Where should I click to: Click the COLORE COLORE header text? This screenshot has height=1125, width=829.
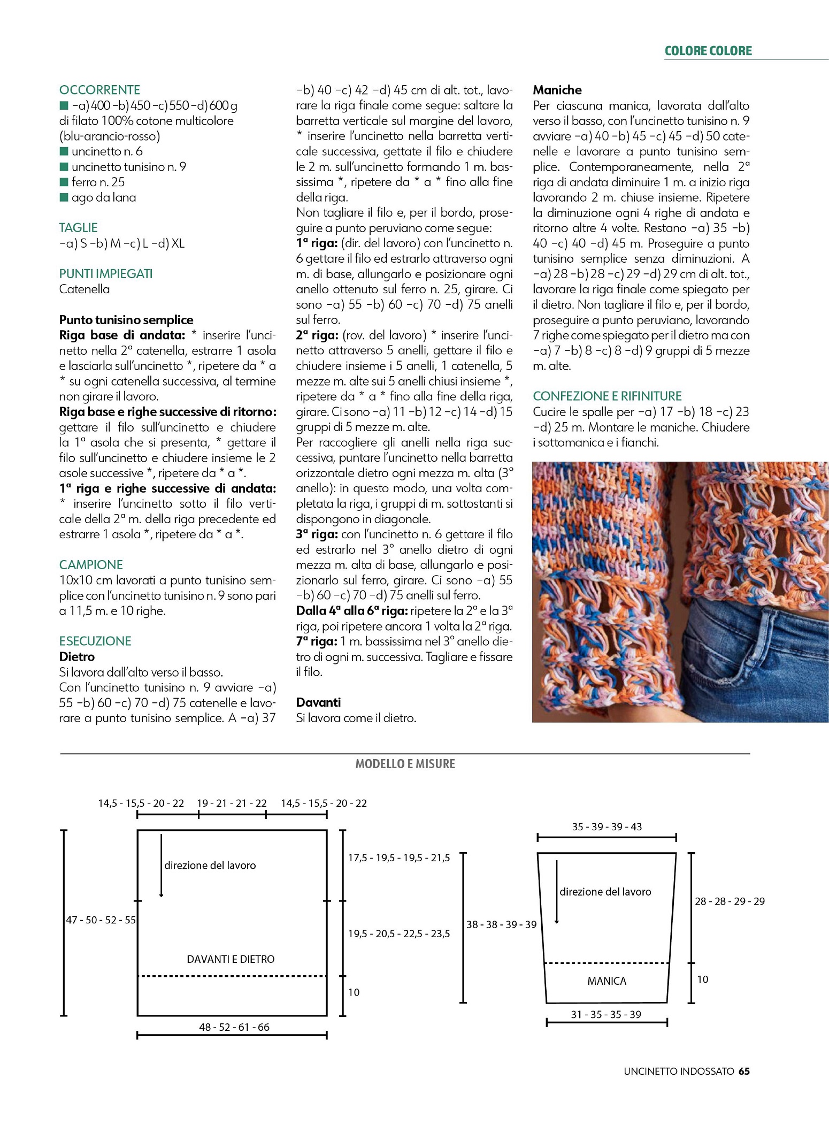708,51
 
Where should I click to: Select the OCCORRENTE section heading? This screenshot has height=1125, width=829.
99,90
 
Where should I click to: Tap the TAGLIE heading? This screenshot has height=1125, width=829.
78,228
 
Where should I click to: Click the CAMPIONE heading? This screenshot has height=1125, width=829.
91,565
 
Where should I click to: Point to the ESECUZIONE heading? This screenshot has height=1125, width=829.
95,641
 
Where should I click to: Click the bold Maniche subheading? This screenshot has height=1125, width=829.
557,90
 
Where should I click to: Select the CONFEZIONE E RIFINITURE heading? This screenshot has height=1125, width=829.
607,396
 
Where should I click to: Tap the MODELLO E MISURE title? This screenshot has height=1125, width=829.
405,764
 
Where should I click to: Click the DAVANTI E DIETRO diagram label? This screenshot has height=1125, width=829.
231,960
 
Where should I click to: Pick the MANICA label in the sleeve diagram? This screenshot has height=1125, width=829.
607,981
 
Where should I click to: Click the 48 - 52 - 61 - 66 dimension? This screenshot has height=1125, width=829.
234,1027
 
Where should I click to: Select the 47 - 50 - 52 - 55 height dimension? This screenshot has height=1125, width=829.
101,920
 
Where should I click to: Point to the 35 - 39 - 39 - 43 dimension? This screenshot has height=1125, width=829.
607,826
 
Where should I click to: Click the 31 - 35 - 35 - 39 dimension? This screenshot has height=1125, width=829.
605,1014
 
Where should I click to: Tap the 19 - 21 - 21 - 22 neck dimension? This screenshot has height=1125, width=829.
232,803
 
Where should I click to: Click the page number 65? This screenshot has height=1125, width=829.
744,1071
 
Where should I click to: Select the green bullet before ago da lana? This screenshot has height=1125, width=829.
64,198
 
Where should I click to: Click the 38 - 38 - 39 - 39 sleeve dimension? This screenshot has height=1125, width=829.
501,924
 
